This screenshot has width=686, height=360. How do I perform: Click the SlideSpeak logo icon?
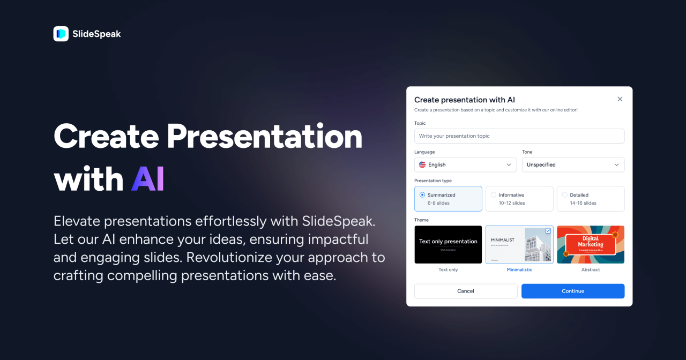point(61,34)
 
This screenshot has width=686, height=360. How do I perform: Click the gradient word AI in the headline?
point(147,179)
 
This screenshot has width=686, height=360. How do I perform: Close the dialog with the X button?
point(620,99)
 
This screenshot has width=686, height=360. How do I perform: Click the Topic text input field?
point(519,136)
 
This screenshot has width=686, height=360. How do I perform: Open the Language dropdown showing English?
point(465,164)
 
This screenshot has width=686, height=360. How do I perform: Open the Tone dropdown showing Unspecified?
point(573,164)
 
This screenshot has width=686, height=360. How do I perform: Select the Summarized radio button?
point(422,195)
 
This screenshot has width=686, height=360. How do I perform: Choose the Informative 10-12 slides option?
point(519,199)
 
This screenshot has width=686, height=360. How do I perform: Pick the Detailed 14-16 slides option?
point(590,199)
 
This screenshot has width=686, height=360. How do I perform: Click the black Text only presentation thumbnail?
point(448,244)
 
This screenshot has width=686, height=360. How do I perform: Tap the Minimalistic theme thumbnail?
point(519,244)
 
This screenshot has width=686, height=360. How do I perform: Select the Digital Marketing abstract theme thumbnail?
point(590,244)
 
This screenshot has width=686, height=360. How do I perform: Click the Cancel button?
point(465,291)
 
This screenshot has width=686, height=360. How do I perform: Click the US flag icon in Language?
point(422,164)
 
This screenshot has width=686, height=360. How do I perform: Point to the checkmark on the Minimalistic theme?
point(548,231)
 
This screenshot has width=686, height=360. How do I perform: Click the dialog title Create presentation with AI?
point(464,100)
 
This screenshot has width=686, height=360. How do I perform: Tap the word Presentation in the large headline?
point(264,137)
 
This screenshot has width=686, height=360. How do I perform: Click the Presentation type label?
point(433,181)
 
